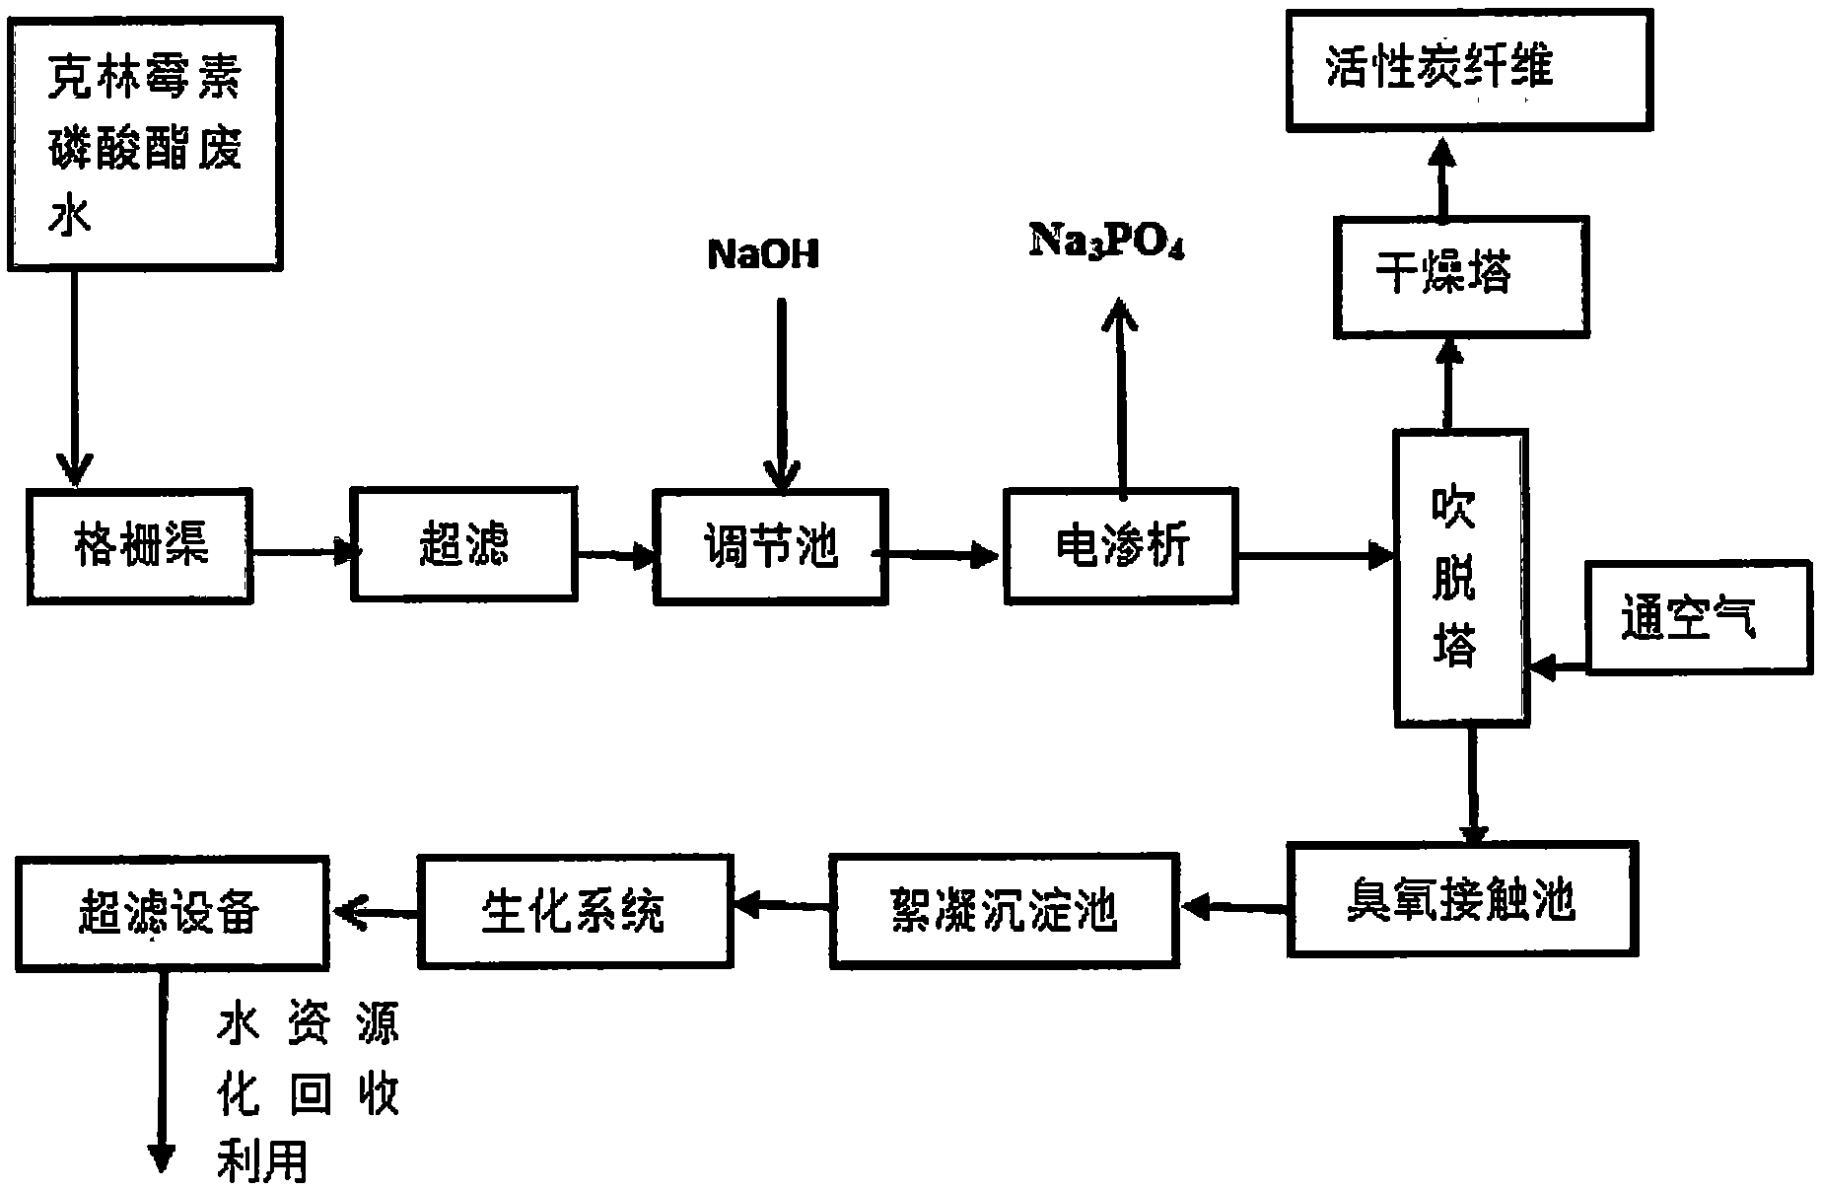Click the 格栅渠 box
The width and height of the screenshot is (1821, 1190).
coord(139,546)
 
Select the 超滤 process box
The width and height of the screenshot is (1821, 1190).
coord(464,543)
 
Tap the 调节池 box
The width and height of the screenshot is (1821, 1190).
coord(771,547)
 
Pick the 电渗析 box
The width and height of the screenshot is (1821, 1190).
coord(1121,545)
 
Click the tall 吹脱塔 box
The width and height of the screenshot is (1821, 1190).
coord(1461,578)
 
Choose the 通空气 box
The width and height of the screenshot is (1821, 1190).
coord(1700,617)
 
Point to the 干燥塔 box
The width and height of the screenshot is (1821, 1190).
coord(1461,277)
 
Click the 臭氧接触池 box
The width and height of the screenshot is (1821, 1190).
coord(1462,898)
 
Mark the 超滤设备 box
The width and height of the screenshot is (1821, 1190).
coord(172,912)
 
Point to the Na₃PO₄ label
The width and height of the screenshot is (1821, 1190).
coord(1107,241)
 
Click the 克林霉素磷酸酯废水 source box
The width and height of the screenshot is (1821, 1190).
coord(145,143)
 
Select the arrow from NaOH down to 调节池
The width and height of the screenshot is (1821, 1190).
coord(780,394)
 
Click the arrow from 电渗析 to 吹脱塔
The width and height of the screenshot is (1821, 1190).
coord(1315,555)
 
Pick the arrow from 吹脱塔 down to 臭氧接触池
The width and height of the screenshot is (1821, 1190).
coord(1473,785)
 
